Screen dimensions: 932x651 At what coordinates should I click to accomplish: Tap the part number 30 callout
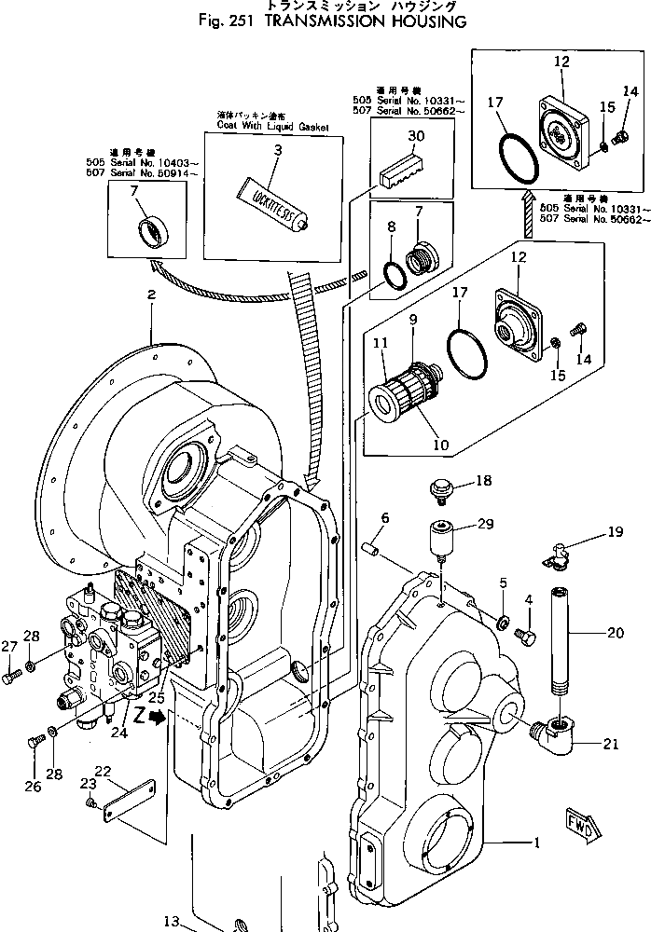tap(416, 136)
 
